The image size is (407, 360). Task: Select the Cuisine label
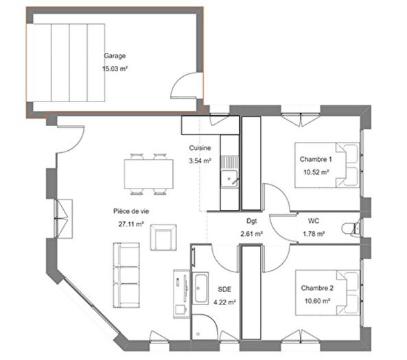coord(200,148)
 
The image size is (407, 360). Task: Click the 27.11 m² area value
coord(130,224)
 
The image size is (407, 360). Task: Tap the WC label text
coord(313,221)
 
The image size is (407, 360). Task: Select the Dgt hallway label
coord(251,221)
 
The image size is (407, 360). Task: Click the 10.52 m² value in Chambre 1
coord(316,172)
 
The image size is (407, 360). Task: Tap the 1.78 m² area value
coord(313,234)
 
